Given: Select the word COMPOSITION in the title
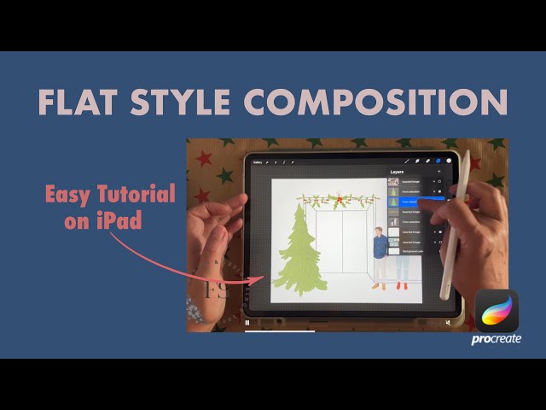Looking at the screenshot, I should click(375, 101).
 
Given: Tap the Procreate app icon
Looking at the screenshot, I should click(497, 311).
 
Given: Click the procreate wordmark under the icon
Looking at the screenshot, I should click(497, 339).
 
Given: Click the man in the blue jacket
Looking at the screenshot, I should click(380, 253).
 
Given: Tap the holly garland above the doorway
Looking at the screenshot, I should click(336, 201).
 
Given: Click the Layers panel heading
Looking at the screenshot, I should click(398, 172).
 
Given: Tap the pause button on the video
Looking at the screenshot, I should click(247, 323).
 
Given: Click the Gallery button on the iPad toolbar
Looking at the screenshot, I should click(256, 161).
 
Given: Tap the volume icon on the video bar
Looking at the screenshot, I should click(447, 323).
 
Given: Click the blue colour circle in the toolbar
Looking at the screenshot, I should click(439, 161).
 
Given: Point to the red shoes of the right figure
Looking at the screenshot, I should click(401, 286).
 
